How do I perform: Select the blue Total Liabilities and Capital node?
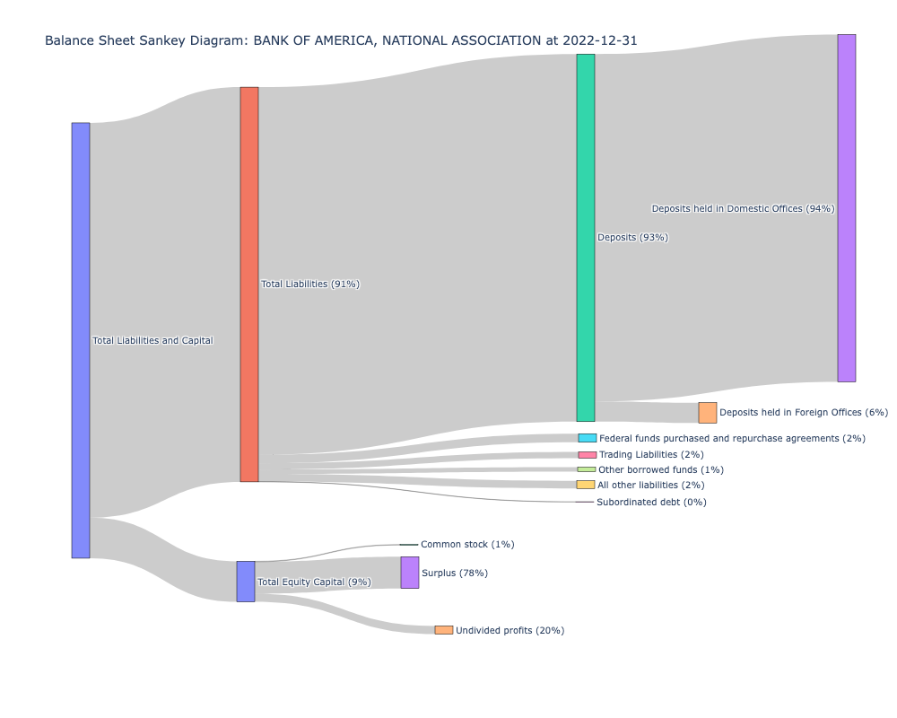(81, 340)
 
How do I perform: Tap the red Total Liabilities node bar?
(249, 285)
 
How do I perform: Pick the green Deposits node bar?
(586, 238)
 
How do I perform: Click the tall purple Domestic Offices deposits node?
(847, 208)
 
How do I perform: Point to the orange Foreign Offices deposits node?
(708, 413)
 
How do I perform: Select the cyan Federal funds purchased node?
(588, 438)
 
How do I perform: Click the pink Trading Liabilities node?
(588, 455)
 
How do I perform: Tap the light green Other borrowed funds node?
(587, 469)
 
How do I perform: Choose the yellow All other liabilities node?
(586, 485)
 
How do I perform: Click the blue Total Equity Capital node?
(246, 582)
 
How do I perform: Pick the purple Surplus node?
(410, 573)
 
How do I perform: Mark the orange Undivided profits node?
(444, 630)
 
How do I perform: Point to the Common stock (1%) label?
(467, 545)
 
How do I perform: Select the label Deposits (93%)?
(632, 238)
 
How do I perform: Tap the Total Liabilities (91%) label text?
(310, 285)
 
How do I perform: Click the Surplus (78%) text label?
(455, 574)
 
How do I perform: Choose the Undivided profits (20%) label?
(509, 631)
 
